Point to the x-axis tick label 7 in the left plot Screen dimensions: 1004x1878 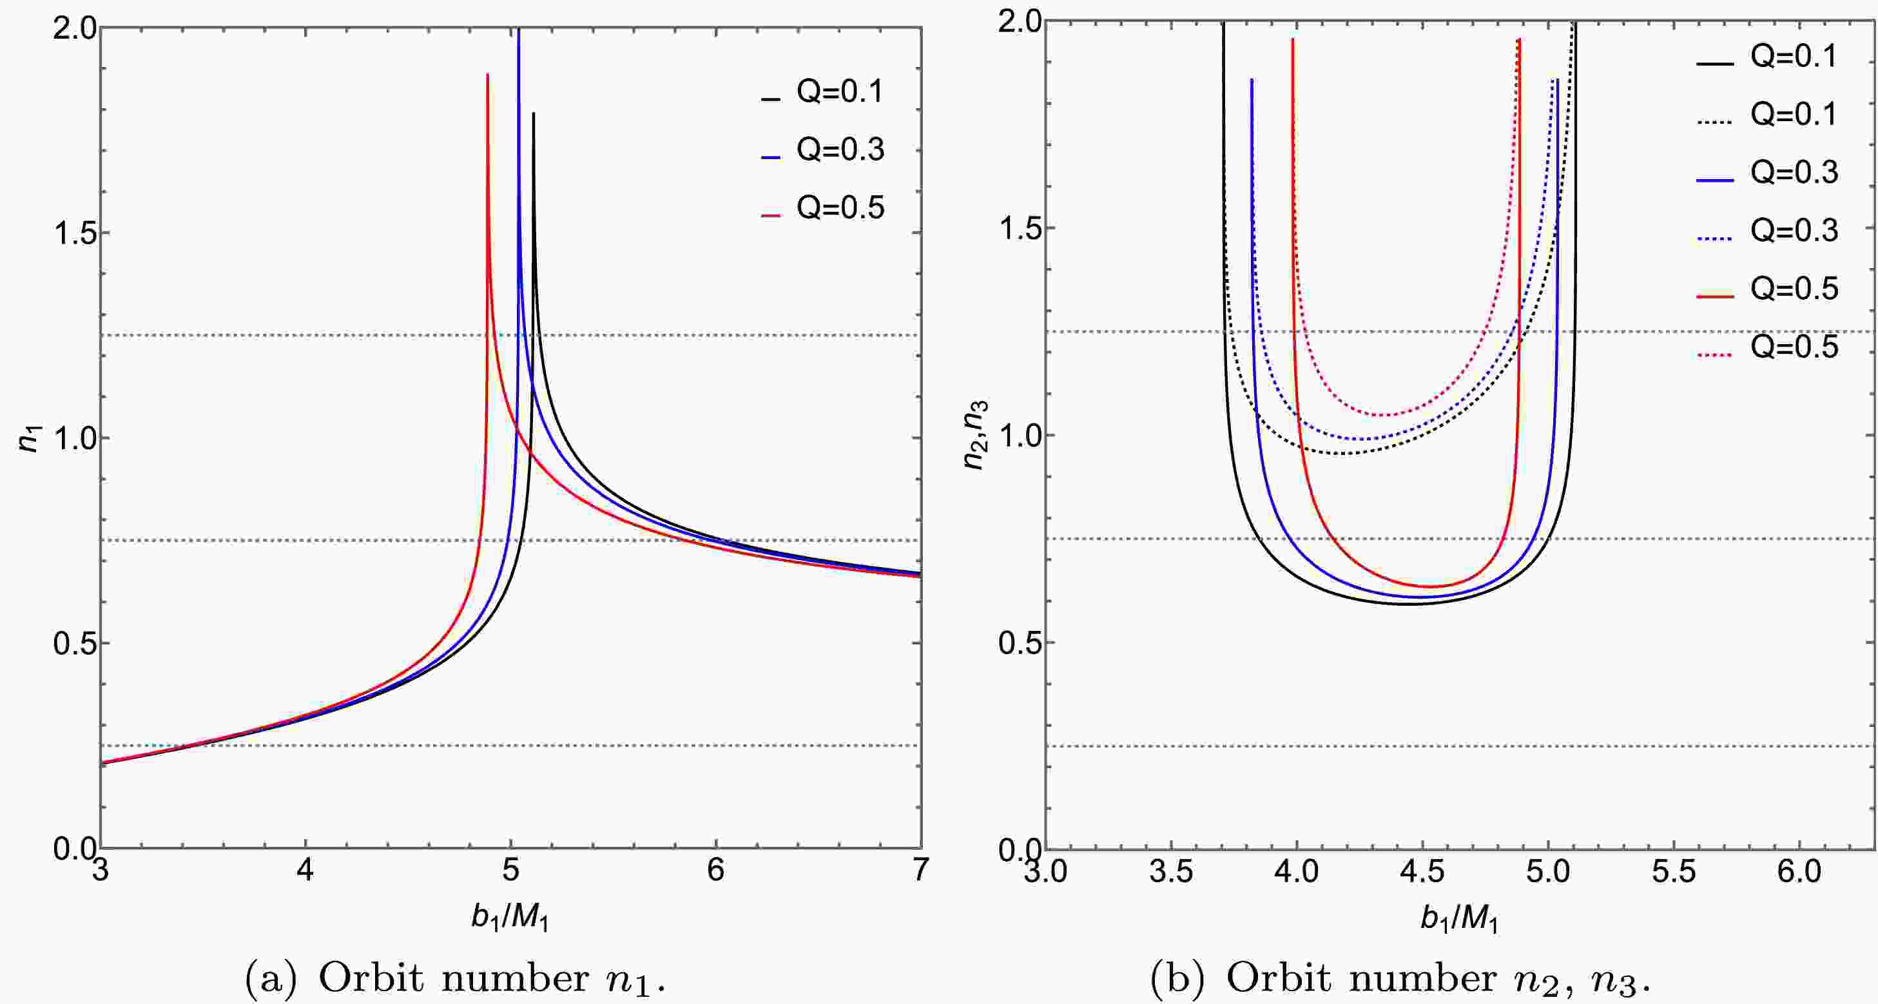point(920,871)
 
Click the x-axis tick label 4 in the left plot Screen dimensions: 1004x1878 point(305,871)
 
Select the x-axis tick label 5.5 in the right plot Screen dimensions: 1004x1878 point(1673,872)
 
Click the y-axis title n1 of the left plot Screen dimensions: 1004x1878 point(29,438)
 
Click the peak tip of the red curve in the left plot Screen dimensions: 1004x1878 point(487,74)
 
